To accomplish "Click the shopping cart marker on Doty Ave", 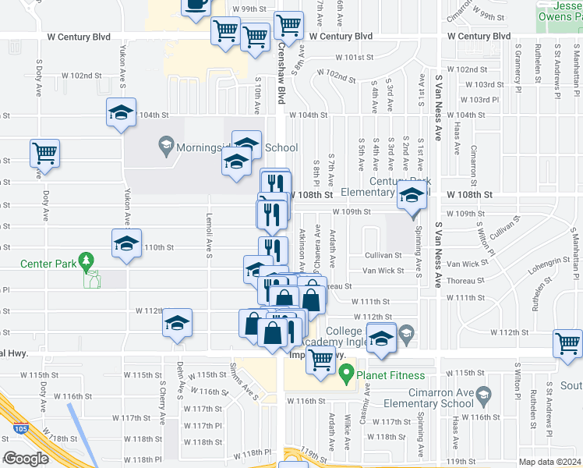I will [44, 152].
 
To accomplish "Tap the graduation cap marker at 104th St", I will [122, 112].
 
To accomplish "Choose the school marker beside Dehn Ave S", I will [178, 322].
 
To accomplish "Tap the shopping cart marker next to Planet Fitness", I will [320, 360].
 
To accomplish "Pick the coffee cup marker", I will [196, 5].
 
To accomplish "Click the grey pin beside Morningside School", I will [165, 144].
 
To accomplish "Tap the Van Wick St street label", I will [383, 271].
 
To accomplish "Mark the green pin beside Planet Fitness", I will [348, 375].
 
